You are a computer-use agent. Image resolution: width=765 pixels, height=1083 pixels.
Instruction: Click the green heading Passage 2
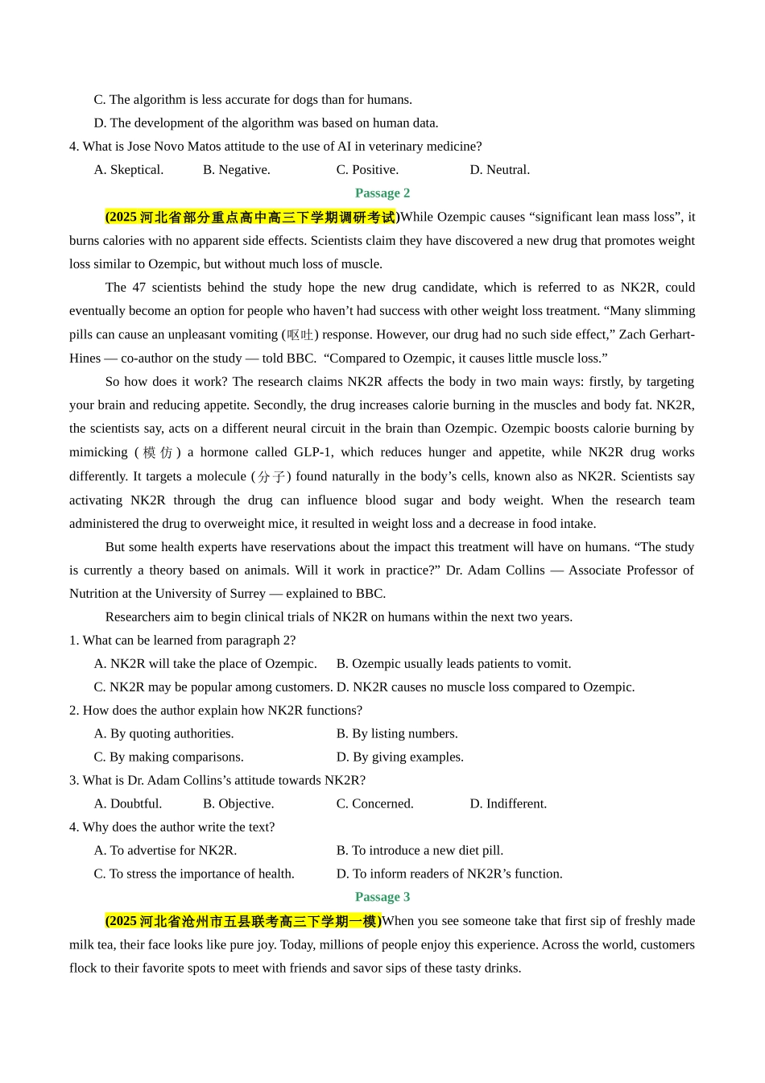[x=382, y=193]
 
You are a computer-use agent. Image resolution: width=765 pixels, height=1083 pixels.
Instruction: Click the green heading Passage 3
[x=382, y=898]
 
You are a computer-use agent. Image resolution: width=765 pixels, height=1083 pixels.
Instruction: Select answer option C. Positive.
[x=367, y=170]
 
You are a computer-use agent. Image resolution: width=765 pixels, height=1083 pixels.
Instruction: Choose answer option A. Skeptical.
[x=129, y=170]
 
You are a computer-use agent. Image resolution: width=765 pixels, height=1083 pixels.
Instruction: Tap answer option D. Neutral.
[x=500, y=170]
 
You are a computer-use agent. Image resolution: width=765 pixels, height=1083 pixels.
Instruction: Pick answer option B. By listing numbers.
[x=397, y=734]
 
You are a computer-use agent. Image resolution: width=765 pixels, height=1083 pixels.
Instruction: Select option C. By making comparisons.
[x=168, y=757]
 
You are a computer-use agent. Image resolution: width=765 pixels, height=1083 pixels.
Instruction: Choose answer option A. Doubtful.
[x=128, y=804]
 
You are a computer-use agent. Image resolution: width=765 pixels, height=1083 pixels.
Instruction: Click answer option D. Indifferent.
[x=508, y=804]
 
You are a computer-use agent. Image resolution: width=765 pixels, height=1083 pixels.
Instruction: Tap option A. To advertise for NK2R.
[x=165, y=851]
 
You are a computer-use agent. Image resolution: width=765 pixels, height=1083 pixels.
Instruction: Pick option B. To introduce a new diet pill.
[x=420, y=851]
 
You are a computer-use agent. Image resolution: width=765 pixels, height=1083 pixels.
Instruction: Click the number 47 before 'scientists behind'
[x=139, y=288]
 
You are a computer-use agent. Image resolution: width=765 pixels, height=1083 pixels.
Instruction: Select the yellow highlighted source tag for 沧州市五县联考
[x=243, y=921]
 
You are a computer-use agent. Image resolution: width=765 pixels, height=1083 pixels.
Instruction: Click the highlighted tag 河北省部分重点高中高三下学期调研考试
[x=252, y=218]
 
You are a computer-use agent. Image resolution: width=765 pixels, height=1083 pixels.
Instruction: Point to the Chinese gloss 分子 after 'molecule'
[x=271, y=477]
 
